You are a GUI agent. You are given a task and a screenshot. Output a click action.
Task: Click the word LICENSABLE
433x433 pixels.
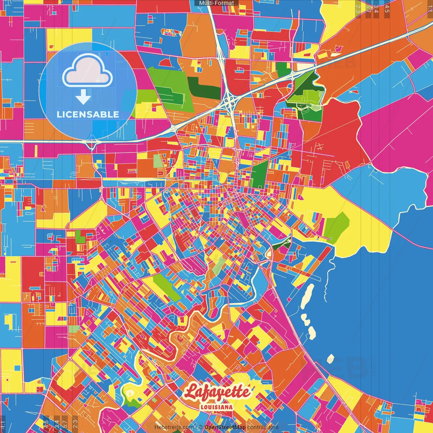pos(88,114)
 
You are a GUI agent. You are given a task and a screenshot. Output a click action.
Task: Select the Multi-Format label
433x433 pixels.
pos(216,3)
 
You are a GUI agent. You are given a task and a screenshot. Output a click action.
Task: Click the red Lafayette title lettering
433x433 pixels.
pos(217,392)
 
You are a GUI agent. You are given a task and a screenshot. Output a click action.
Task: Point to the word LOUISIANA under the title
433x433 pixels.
pos(216,407)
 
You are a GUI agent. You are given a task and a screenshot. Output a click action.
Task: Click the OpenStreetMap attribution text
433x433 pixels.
pos(225,427)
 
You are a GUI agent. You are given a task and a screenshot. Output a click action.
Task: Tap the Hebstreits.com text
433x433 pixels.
pos(174,427)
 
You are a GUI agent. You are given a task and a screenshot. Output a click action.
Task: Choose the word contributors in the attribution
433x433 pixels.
pos(263,427)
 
